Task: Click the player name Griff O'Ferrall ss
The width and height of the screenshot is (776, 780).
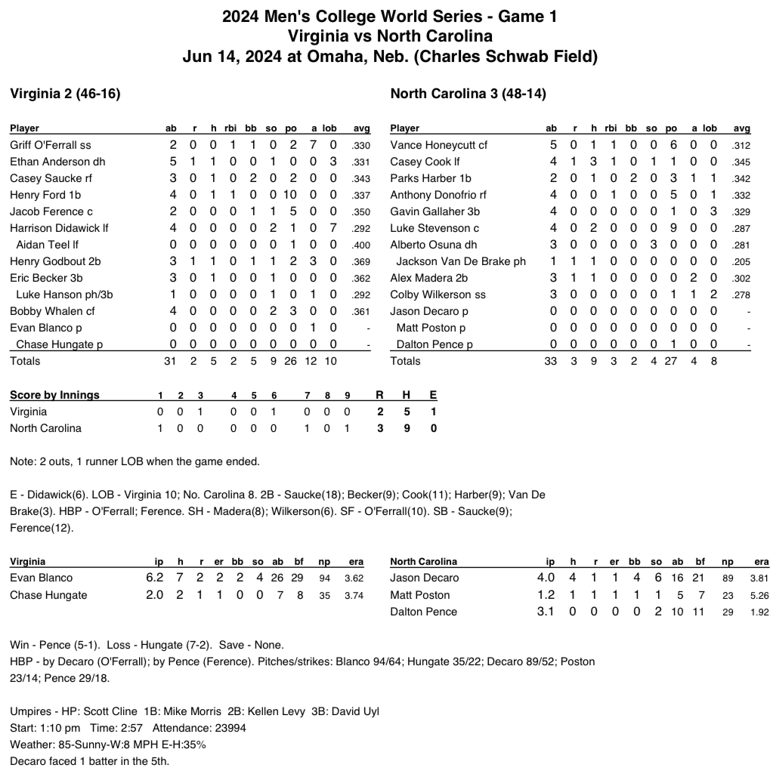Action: coord(51,145)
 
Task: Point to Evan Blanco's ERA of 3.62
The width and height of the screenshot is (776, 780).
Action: coord(354,578)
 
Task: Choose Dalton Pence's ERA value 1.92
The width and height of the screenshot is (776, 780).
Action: coord(759,612)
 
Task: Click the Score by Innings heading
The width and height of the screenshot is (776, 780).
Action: coord(54,395)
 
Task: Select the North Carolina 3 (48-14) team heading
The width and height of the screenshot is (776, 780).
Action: coord(468,94)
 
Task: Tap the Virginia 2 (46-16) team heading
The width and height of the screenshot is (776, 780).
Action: coord(65,94)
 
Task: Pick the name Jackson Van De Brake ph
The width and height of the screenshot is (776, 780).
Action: coord(461,261)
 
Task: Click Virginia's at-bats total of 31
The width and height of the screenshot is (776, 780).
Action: coord(170,362)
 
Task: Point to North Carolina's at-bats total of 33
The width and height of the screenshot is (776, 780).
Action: coord(550,362)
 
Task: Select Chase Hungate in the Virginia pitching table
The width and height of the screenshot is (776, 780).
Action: coord(48,595)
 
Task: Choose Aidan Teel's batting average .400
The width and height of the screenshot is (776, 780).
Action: coord(361,245)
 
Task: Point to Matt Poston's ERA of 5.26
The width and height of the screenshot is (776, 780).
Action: coord(759,595)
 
